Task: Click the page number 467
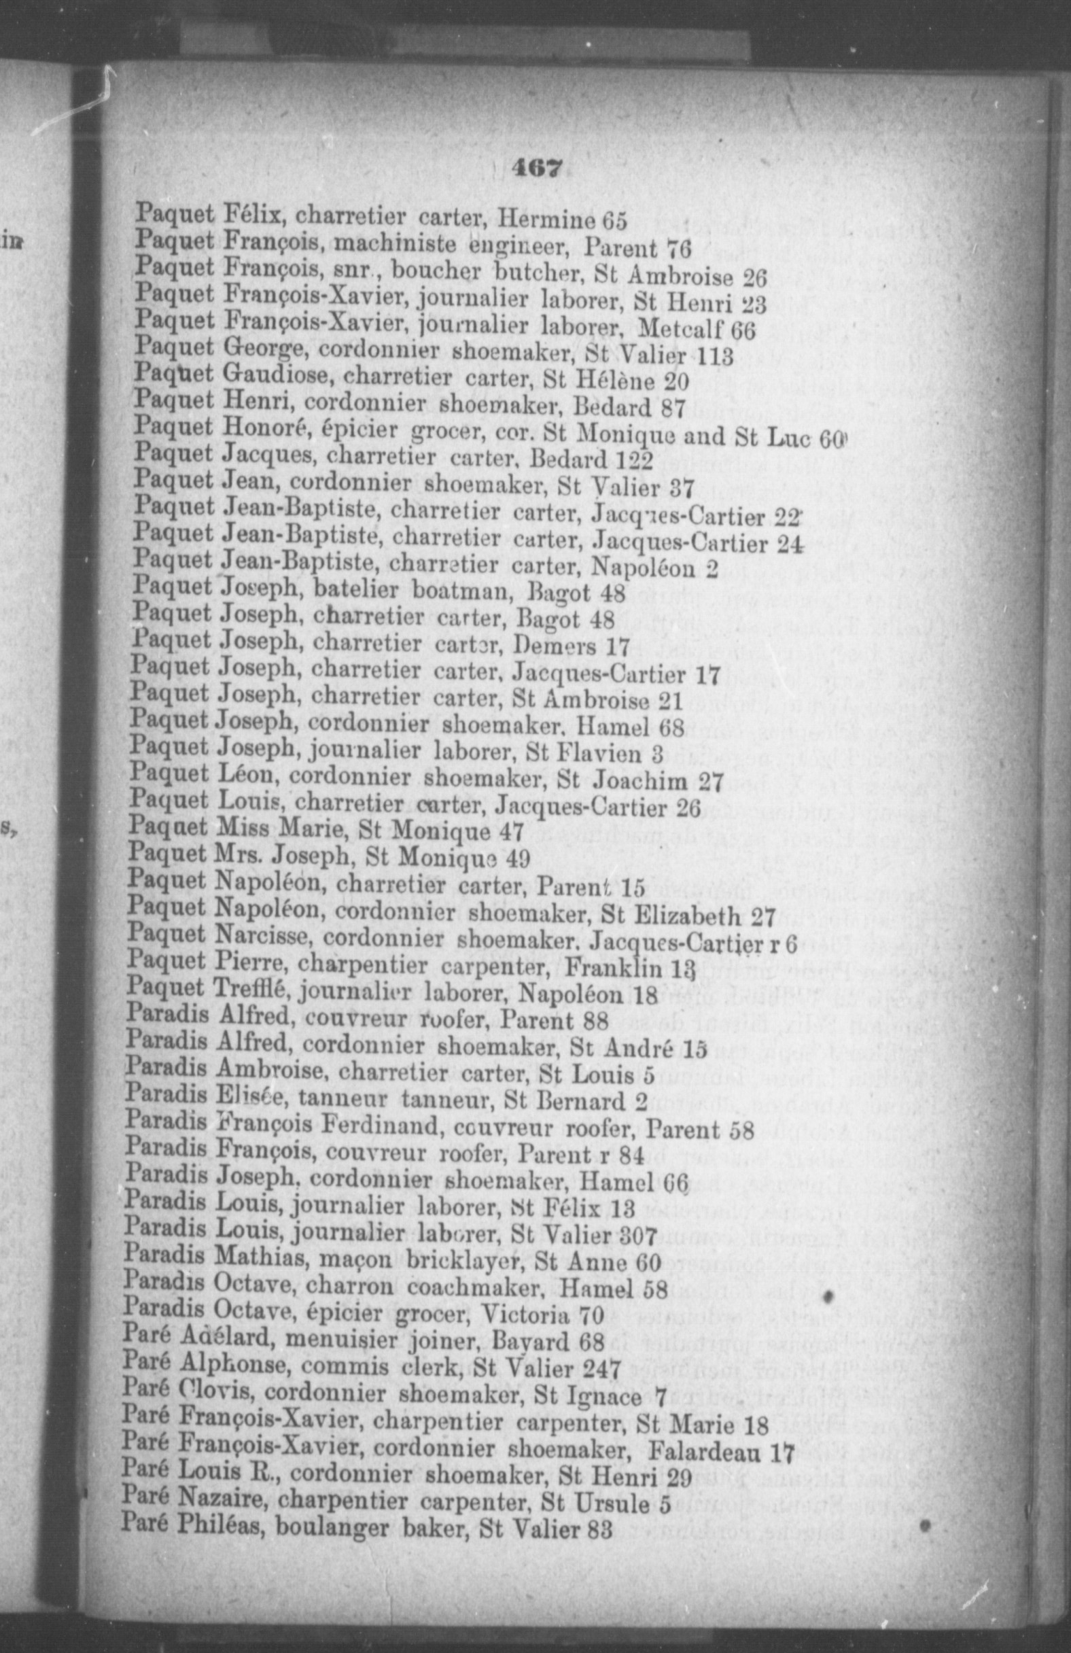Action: [x=535, y=169]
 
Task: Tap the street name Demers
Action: [x=555, y=646]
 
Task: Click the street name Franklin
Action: [x=601, y=971]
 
